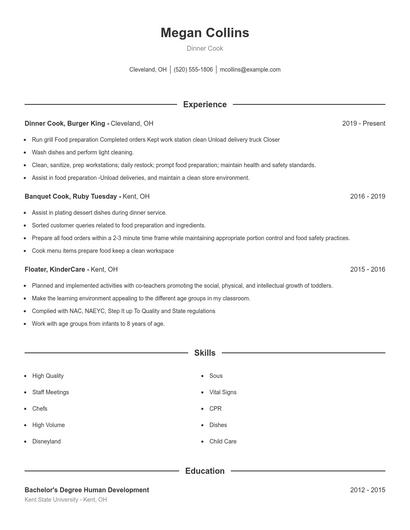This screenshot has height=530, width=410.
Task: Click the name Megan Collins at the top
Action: coord(205,33)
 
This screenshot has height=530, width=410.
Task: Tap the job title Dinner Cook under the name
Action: coord(205,49)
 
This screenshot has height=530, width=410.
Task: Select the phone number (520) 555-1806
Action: coord(193,70)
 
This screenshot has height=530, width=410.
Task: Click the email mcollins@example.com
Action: coord(250,70)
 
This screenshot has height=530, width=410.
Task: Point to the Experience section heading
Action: coord(205,104)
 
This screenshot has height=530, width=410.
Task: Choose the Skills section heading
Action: coord(205,353)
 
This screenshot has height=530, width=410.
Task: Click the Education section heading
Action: coord(205,470)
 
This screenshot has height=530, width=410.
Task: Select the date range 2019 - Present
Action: coord(363,123)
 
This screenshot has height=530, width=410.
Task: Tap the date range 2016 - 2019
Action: coord(367,197)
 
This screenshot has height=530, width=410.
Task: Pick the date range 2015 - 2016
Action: coord(367,269)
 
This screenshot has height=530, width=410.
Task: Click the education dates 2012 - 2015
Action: coord(367,490)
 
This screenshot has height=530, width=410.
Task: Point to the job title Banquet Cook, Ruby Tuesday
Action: coord(65,197)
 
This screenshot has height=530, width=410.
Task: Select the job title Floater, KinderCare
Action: coord(56,269)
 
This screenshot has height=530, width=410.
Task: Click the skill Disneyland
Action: coord(47,441)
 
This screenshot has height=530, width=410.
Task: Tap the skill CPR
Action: coord(215,408)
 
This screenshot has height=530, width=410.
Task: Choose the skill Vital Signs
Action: coord(222,392)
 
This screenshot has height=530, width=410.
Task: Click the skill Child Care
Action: coord(223,441)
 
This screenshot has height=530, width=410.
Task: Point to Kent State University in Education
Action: coord(53,499)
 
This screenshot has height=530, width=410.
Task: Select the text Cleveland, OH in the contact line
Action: coord(148,70)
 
